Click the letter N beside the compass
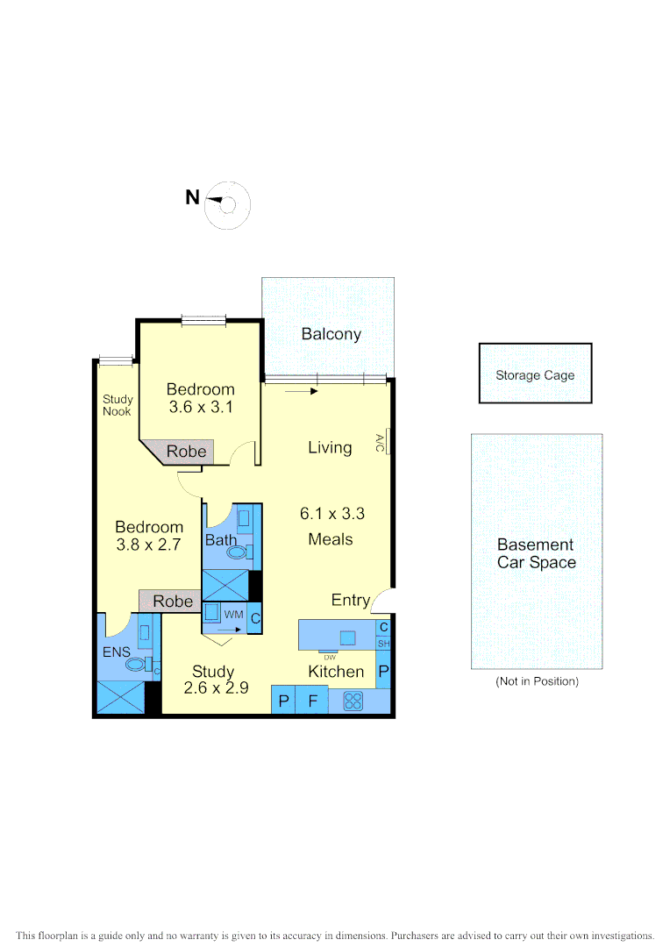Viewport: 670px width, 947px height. point(192,198)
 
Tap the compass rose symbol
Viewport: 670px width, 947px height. point(228,206)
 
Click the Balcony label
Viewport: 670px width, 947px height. point(331,334)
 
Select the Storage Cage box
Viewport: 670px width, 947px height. point(535,374)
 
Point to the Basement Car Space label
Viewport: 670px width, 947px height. point(536,553)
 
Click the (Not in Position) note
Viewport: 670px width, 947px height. point(537,680)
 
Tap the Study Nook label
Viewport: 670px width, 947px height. point(118,405)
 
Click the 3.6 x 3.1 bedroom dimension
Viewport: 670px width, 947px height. point(201,407)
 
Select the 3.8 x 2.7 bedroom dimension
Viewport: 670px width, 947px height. point(149,545)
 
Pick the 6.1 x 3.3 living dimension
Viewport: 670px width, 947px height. point(331,514)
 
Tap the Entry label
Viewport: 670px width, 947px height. point(350,601)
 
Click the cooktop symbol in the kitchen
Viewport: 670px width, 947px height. point(353,701)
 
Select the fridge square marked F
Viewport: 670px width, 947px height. point(311,701)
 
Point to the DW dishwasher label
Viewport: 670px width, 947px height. point(330,657)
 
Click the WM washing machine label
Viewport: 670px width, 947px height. point(232,615)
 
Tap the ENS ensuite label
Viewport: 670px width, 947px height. point(116,652)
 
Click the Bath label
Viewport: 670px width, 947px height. point(220,540)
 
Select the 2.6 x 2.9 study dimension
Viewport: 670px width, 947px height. point(216,688)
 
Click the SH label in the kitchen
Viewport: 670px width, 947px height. point(383,644)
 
